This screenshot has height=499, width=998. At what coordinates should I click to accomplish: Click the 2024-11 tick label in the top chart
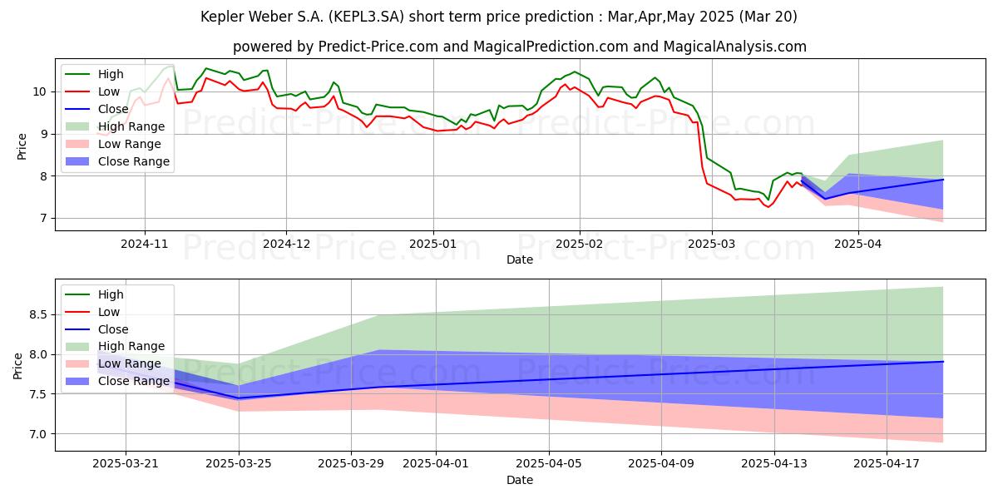pyautogui.click(x=145, y=244)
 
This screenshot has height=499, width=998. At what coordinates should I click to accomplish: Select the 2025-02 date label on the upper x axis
pyautogui.click(x=579, y=244)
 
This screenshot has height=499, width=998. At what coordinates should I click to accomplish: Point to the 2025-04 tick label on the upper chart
pyautogui.click(x=858, y=244)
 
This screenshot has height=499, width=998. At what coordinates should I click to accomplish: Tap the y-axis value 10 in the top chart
pyautogui.click(x=39, y=91)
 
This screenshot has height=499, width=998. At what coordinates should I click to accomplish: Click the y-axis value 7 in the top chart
pyautogui.click(x=42, y=218)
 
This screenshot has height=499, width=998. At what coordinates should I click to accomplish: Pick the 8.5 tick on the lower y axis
pyautogui.click(x=38, y=314)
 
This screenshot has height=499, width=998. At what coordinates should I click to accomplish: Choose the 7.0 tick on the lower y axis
pyautogui.click(x=38, y=434)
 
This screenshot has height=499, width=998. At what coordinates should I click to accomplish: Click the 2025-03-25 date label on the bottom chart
pyautogui.click(x=239, y=464)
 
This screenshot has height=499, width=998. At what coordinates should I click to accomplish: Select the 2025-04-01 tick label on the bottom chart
pyautogui.click(x=436, y=464)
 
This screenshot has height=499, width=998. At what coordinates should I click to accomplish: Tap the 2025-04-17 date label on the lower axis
pyautogui.click(x=887, y=464)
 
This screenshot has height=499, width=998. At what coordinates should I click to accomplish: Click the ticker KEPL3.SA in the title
pyautogui.click(x=367, y=17)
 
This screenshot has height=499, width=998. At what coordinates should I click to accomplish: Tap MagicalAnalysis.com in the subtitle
pyautogui.click(x=734, y=47)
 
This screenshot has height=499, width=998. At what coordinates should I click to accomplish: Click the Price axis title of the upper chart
pyautogui.click(x=22, y=146)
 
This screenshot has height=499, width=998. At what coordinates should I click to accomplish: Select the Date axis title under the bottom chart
pyautogui.click(x=520, y=480)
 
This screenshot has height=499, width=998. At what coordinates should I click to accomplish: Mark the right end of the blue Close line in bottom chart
pyautogui.click(x=943, y=361)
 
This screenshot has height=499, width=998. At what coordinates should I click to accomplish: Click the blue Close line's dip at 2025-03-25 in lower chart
pyautogui.click(x=239, y=398)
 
